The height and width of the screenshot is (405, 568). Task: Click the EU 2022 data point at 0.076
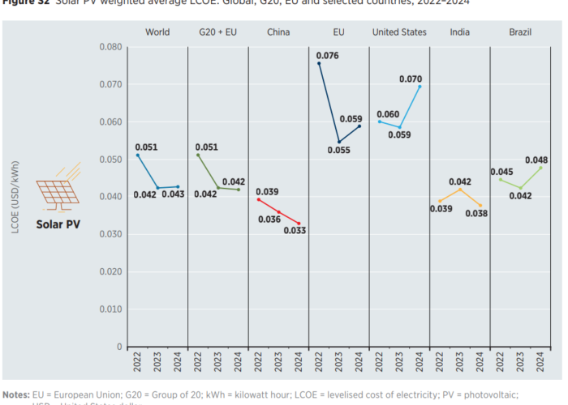(x=319, y=63)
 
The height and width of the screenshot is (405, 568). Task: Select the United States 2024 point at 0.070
(x=420, y=86)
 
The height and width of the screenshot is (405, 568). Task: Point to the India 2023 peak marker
(x=460, y=190)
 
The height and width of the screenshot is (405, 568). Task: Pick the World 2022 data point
(x=138, y=155)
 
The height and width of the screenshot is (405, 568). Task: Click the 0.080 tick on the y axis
(x=110, y=47)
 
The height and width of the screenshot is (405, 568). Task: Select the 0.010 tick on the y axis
(x=110, y=309)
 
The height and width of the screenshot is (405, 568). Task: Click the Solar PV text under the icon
(x=59, y=223)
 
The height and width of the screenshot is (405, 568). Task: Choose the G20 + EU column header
(x=217, y=32)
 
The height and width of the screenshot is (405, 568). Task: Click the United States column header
(x=399, y=32)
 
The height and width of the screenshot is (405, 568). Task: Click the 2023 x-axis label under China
(x=278, y=360)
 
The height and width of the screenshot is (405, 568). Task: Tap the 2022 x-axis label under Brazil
(x=501, y=360)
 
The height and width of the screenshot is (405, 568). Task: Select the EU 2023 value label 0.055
(x=339, y=150)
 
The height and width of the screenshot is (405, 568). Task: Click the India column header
(x=460, y=32)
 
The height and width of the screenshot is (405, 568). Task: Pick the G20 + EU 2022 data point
(x=198, y=155)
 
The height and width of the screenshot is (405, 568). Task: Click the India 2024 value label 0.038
(x=476, y=213)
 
